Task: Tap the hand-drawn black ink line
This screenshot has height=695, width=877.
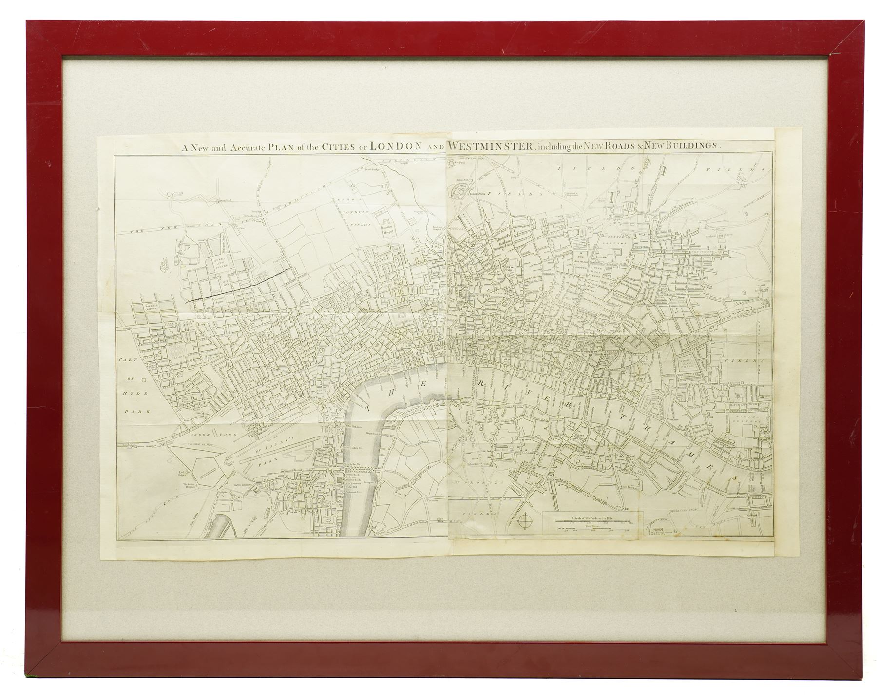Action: click(241, 284)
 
